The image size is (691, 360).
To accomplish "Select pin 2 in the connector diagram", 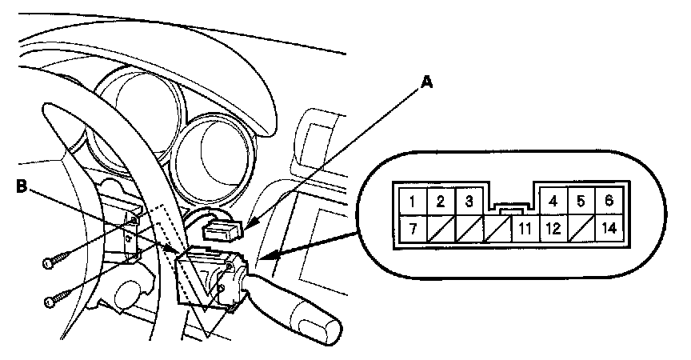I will tap(439, 200).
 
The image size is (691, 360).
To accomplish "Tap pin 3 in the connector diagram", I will tap(469, 200).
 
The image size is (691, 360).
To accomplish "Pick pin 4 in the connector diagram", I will tap(553, 200).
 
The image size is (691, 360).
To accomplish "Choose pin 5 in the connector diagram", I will tap(581, 200).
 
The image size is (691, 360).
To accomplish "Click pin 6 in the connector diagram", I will tap(609, 200).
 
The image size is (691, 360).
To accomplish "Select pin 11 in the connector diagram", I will tap(524, 228).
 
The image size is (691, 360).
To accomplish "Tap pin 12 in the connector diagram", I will tap(553, 228).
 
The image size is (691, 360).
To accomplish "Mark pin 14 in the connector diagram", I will tap(609, 228).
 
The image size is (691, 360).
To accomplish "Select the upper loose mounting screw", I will tap(57, 260).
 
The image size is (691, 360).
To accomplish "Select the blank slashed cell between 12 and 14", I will tap(581, 228).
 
